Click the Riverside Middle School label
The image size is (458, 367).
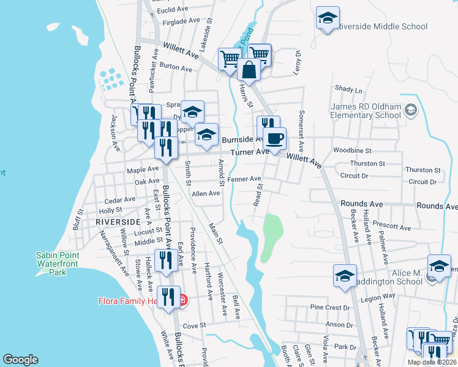[x=383, y=27]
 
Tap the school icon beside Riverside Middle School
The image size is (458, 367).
[x=328, y=18]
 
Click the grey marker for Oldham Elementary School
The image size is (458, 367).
[x=411, y=111]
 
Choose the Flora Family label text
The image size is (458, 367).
[x=127, y=301]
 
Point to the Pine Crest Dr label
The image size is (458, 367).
[x=329, y=307]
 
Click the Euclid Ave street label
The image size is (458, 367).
[x=173, y=10]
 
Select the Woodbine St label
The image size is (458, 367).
[x=352, y=150]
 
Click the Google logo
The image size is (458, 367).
[x=20, y=360]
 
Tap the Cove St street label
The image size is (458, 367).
[x=193, y=325]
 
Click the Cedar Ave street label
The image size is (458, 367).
[x=120, y=199]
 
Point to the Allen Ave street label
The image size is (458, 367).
[x=206, y=194]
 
